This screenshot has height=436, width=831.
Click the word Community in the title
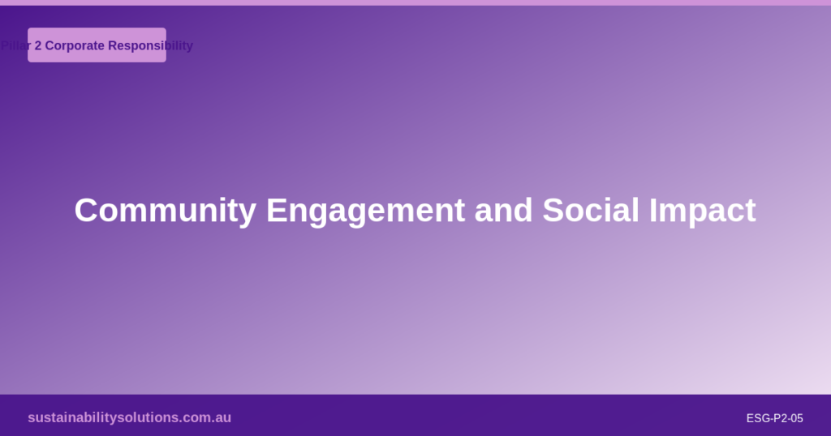(x=165, y=211)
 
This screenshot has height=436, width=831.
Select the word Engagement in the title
(x=365, y=211)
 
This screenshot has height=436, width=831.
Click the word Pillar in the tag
(x=15, y=45)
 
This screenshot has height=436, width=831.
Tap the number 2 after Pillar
(x=38, y=45)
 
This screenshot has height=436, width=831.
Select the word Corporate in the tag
(x=75, y=45)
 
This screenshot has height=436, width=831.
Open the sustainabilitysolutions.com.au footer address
(x=129, y=417)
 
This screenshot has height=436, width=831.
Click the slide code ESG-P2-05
(x=774, y=418)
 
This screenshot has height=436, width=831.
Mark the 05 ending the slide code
(x=796, y=418)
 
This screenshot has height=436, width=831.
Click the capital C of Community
(x=85, y=211)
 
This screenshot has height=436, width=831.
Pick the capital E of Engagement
(x=275, y=211)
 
